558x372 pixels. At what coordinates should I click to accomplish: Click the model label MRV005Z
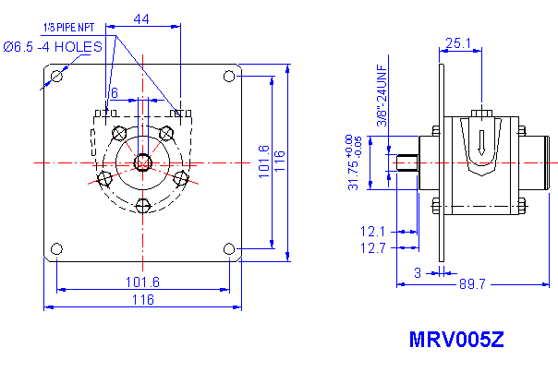(x=456, y=339)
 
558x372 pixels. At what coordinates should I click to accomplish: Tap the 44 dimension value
(x=142, y=18)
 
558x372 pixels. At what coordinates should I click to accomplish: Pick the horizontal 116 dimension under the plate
(x=141, y=300)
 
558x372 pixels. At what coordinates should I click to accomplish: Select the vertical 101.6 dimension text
(x=263, y=162)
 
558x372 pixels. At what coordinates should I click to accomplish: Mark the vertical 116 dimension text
(x=280, y=162)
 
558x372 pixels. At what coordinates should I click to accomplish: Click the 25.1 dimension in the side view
(x=458, y=42)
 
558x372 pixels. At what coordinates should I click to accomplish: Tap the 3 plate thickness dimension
(x=418, y=272)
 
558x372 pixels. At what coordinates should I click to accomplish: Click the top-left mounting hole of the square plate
(x=57, y=76)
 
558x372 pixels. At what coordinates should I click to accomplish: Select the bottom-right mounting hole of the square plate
(x=228, y=248)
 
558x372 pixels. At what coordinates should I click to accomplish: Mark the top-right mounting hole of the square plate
(x=228, y=76)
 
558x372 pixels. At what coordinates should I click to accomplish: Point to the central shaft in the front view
(x=143, y=162)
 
